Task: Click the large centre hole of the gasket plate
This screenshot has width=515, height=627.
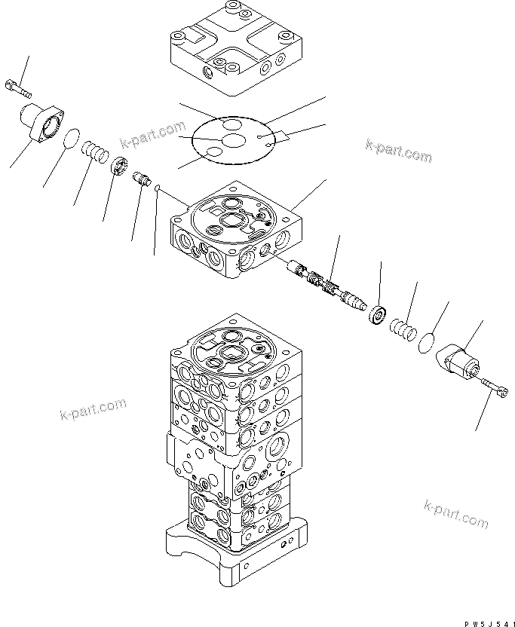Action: coord(234,140)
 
